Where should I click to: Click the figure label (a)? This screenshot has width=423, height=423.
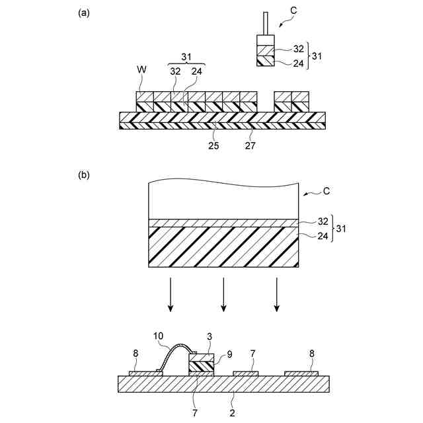(84, 13)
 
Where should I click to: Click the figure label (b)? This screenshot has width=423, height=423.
(84, 175)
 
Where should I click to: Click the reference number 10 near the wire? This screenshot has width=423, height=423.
(159, 336)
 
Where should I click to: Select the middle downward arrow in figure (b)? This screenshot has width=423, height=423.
(224, 294)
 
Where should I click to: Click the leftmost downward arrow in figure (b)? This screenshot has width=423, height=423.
(171, 294)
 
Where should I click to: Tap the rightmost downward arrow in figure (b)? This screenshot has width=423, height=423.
(277, 294)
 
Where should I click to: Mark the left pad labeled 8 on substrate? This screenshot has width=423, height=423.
(145, 374)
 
